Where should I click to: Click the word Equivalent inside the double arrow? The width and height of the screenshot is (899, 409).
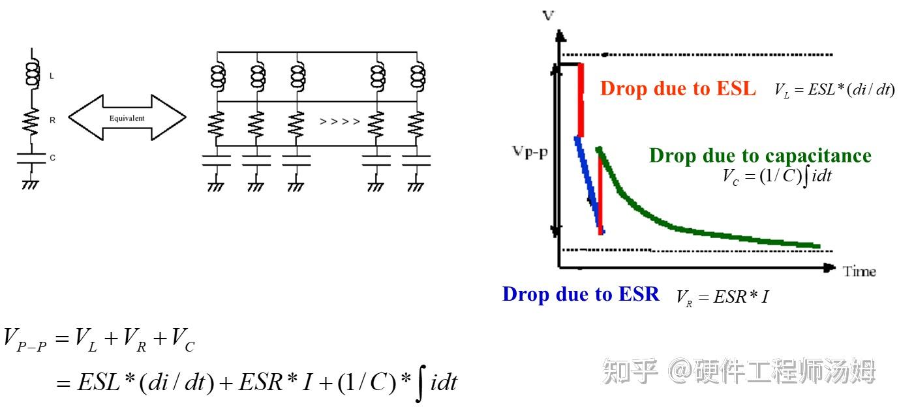coord(127,118)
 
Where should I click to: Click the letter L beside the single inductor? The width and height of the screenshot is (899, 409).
coord(52,76)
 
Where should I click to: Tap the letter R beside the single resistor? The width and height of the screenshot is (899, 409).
coord(53,120)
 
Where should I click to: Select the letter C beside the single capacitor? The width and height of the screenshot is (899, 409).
coord(53,158)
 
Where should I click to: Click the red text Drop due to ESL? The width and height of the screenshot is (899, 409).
coord(678,89)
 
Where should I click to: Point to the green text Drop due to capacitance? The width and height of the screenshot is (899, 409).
coord(760,156)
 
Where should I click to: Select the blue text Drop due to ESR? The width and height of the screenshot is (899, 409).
coord(581,294)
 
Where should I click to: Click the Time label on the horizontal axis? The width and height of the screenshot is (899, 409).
coord(859,271)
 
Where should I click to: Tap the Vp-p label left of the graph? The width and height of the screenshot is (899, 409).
coord(530,152)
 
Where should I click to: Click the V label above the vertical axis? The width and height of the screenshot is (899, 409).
coord(548,15)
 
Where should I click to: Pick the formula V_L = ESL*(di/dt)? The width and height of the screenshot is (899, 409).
coord(834,90)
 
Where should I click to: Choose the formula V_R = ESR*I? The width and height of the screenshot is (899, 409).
coord(722,297)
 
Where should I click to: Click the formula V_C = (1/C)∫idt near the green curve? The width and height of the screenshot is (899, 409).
coord(777,177)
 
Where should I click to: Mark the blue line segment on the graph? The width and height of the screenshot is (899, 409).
coord(590,185)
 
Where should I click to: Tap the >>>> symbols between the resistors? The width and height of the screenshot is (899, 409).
coord(339,121)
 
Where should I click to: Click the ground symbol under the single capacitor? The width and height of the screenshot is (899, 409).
coord(31,185)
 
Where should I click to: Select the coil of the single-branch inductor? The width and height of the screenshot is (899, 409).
coord(33,73)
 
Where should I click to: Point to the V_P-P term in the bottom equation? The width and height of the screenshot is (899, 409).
coord(25,339)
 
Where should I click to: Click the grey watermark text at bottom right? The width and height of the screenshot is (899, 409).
coord(739,371)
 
